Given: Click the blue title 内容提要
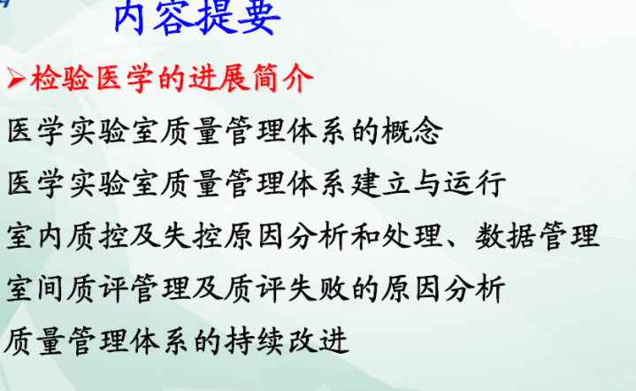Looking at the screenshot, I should point(197,20).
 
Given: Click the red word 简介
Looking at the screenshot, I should point(284,80).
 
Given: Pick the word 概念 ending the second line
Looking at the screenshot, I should point(410,132).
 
